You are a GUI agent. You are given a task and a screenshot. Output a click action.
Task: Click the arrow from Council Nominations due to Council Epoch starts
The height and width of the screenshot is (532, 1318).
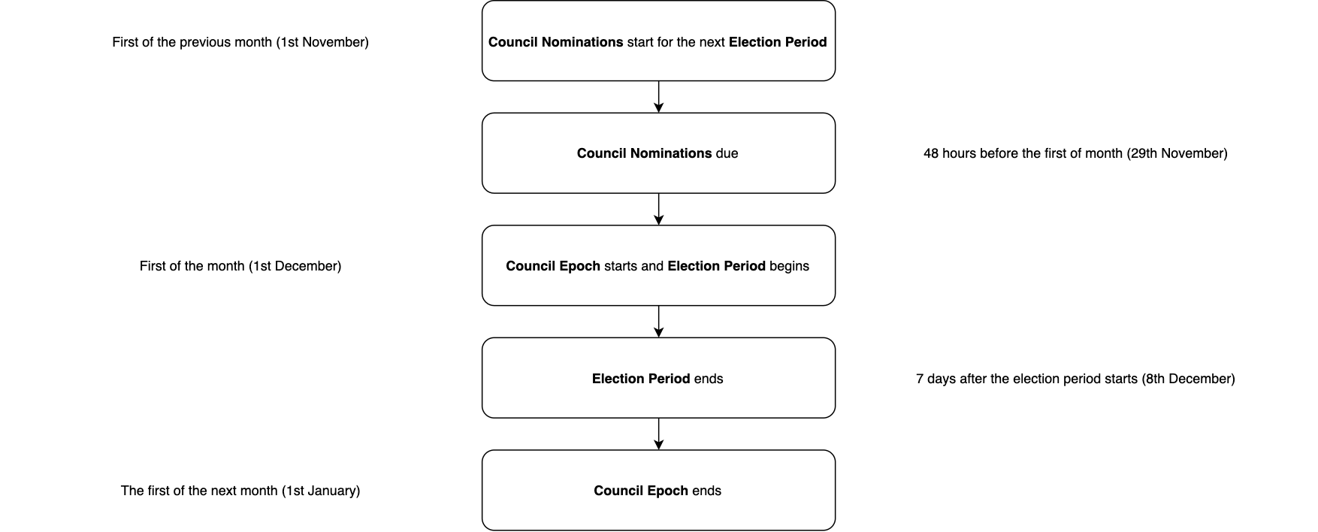659,209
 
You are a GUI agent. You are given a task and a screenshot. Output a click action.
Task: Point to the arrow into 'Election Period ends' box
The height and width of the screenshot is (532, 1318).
659,322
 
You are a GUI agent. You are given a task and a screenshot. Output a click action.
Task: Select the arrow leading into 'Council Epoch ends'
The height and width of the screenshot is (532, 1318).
659,434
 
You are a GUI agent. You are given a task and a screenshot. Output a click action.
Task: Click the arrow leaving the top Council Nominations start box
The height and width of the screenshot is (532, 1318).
659,97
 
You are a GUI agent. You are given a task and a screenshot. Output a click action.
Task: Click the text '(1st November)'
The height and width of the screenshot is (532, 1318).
322,42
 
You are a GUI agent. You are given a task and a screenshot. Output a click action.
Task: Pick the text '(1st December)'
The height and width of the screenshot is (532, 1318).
295,266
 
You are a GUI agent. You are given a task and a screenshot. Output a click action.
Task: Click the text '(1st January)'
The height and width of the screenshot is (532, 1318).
321,491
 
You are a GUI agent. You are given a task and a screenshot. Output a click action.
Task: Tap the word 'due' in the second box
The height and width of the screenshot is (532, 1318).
727,153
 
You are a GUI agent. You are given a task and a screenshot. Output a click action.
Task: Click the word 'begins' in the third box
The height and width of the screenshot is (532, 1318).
789,266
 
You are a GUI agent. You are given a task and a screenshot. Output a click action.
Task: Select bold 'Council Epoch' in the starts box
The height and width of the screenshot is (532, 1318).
552,266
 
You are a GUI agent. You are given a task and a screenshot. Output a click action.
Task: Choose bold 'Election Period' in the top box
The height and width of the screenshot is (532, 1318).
777,42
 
